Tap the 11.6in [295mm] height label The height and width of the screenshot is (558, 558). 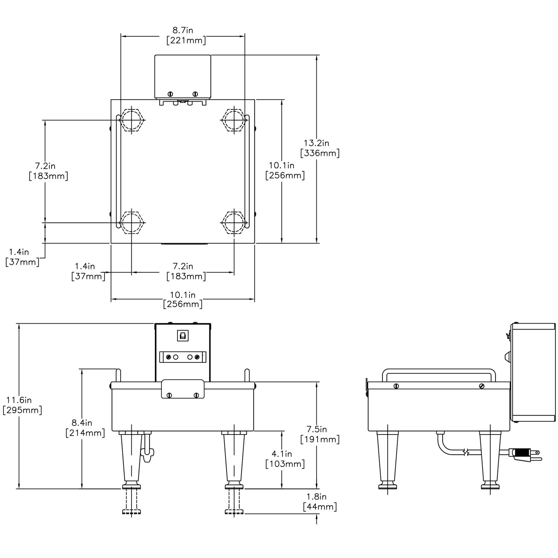tap(22, 405)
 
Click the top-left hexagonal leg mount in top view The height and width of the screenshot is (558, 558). tap(132, 120)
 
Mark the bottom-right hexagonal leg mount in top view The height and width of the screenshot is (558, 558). tap(234, 222)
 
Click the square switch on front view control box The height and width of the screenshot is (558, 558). tap(183, 336)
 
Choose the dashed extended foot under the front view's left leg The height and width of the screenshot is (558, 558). tap(131, 502)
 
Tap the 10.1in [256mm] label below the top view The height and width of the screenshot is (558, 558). tap(183, 299)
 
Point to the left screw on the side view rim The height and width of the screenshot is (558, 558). tap(396, 386)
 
